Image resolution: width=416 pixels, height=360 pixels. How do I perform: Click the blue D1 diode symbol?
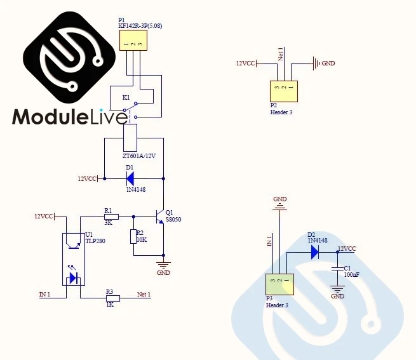(x=130, y=179)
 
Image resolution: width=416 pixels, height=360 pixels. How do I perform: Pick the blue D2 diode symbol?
(x=314, y=252)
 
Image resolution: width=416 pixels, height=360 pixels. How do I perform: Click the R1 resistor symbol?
(x=111, y=217)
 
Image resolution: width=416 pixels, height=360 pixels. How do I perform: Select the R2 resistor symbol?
(x=133, y=236)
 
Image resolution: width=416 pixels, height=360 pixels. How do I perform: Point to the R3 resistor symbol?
(x=112, y=298)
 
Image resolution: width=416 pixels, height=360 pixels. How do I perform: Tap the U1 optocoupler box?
(x=74, y=259)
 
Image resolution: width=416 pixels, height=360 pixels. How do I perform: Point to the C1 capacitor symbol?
(x=337, y=270)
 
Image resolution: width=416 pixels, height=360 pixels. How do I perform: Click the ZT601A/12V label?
(x=140, y=155)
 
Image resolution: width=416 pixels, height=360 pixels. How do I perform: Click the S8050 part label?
(x=173, y=219)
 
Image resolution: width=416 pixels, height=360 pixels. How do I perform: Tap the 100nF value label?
(x=351, y=274)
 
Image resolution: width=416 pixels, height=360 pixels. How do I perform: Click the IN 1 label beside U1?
(x=44, y=295)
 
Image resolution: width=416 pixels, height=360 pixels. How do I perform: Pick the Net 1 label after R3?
(x=144, y=295)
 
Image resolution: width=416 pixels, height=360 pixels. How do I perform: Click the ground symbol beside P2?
(x=315, y=63)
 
